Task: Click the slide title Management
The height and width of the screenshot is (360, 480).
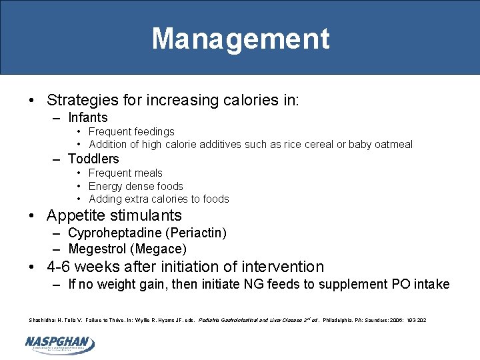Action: click(x=240, y=38)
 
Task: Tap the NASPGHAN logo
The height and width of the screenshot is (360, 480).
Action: click(x=60, y=344)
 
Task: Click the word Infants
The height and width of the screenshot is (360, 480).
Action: click(x=88, y=117)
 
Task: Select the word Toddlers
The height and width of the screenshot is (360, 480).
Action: click(x=93, y=159)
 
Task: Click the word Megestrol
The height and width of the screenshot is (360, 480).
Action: click(x=98, y=249)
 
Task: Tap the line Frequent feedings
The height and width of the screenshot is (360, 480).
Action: click(x=131, y=131)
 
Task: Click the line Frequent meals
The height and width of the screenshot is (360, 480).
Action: click(x=125, y=173)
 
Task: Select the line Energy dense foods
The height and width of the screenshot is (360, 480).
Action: click(x=135, y=186)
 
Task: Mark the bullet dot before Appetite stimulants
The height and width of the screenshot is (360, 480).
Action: click(x=33, y=215)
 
